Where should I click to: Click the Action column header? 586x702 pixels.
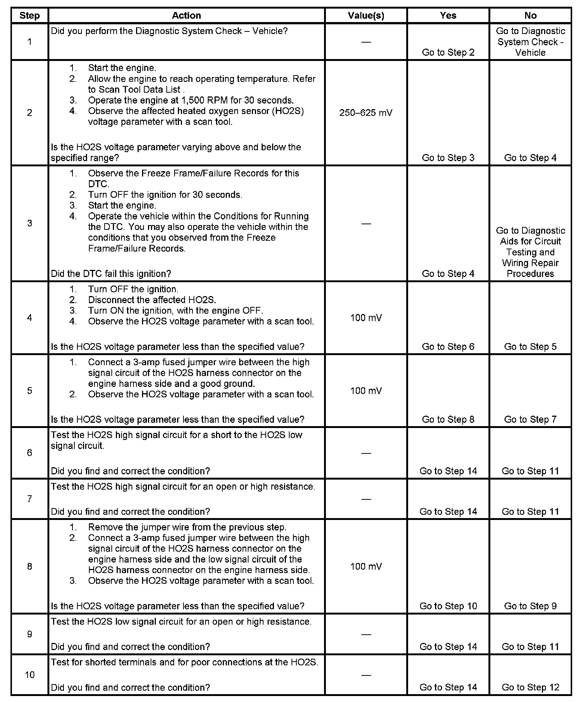(186, 15)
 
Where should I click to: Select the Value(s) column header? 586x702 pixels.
(366, 15)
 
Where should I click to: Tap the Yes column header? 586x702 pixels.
(448, 15)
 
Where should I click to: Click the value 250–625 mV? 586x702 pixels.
(366, 113)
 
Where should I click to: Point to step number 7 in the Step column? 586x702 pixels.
(30, 499)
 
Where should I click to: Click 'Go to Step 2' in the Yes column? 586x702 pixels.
(448, 52)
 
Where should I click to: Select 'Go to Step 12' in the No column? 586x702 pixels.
(530, 687)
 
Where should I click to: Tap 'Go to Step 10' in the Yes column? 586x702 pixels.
(448, 606)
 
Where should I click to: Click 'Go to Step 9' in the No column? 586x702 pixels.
(530, 606)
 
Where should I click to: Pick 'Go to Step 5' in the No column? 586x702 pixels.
(530, 347)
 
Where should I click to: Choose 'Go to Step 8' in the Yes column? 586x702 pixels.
(448, 419)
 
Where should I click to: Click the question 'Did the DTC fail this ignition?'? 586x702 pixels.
(111, 274)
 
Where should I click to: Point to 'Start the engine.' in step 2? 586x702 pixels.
(122, 68)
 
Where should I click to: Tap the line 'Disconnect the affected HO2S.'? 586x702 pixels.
(152, 300)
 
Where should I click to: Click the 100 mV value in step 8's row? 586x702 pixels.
(366, 566)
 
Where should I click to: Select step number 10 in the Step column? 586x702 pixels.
(30, 675)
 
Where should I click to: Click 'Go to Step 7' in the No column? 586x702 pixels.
(530, 419)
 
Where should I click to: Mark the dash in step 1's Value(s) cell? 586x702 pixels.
(366, 42)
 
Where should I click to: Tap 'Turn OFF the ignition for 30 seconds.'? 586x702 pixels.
(165, 195)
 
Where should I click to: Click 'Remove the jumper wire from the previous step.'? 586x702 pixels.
(187, 527)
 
